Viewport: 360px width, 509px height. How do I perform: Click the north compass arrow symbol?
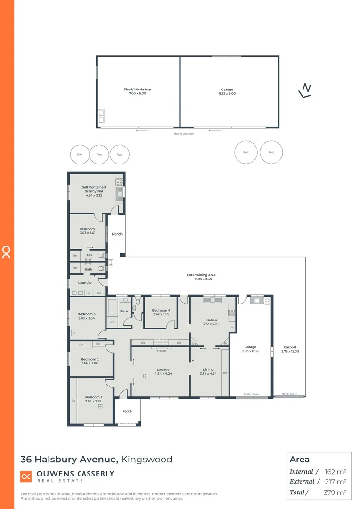[306, 90]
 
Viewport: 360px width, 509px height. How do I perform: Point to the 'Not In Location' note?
[184, 133]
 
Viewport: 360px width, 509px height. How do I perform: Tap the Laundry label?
[85, 282]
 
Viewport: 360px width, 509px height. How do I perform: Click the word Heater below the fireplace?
[162, 350]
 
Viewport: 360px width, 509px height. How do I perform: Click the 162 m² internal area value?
[335, 471]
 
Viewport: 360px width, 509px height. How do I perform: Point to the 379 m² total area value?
[335, 493]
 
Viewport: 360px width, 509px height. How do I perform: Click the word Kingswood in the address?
[147, 459]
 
